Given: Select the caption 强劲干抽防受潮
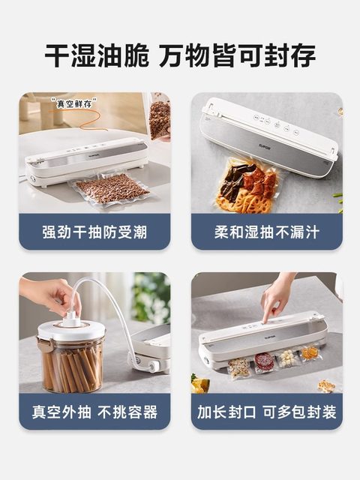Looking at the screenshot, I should click(94, 232).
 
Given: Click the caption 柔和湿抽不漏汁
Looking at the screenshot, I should click(266, 232).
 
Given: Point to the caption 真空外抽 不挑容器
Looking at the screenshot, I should click(94, 412).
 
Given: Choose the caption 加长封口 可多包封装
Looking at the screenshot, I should click(266, 412).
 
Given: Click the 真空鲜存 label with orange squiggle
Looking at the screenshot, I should click(73, 102).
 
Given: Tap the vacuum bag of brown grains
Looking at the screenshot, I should click(110, 189).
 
